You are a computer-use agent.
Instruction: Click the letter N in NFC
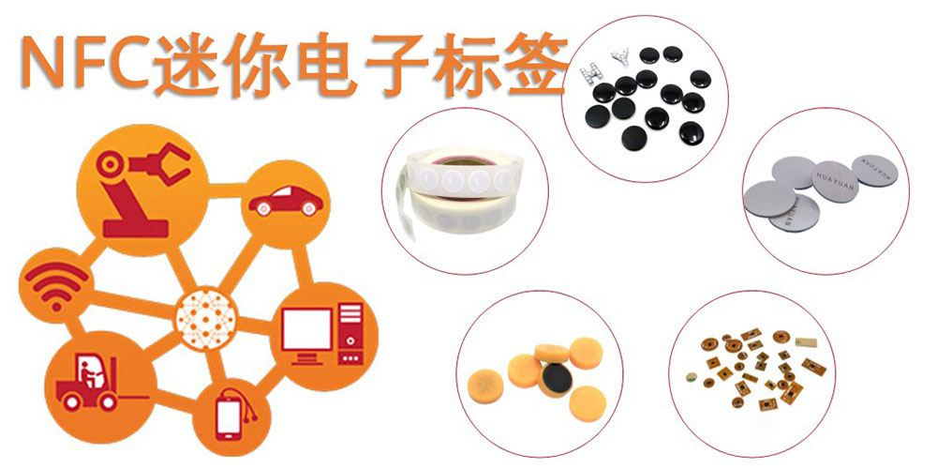(42, 62)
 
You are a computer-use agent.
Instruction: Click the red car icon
(286, 202)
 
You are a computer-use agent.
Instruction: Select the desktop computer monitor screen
(306, 329)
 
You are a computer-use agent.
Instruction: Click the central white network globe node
(205, 318)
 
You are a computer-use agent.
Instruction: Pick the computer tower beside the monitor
(350, 334)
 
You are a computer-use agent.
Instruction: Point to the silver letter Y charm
(619, 58)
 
